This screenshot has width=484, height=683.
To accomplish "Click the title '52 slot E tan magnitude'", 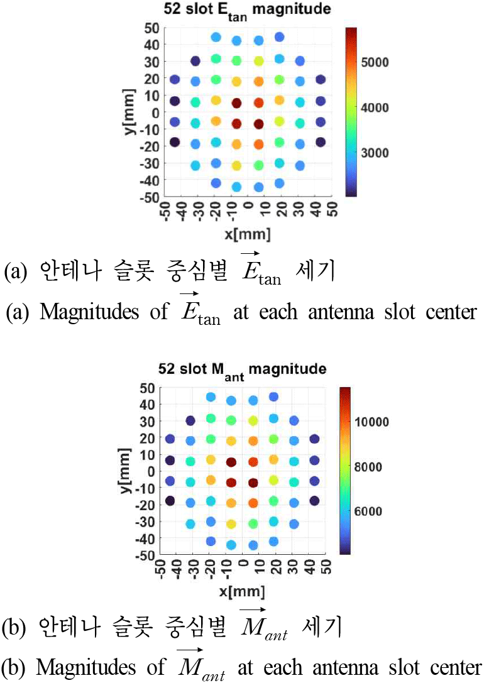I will click(247, 9).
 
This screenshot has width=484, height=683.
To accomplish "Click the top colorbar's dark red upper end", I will click(351, 31).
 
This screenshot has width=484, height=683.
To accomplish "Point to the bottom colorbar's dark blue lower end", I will click(345, 550).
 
